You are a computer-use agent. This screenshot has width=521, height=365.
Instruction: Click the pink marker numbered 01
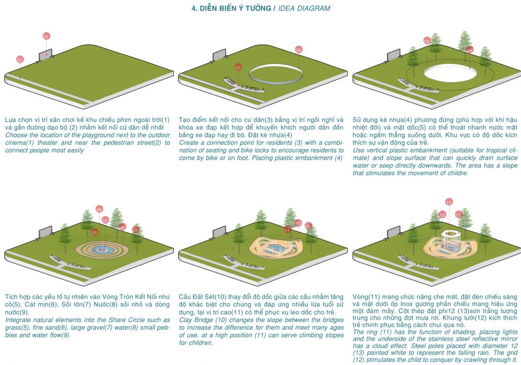pos(46,37)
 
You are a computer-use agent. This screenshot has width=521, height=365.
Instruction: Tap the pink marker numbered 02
pos(20,60)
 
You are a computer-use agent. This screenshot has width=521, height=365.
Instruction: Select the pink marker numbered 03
pos(238,67)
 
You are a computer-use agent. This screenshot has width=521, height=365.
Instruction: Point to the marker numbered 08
pos(99,209)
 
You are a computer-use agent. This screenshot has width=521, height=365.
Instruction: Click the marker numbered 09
pos(95,232)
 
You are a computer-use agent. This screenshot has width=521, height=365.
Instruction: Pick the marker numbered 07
pos(105,220)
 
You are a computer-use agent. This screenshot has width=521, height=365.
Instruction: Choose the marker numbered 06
pos(122,227)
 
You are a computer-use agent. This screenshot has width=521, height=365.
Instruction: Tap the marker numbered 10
pos(298,223)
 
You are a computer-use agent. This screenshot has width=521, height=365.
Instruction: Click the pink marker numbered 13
pos(448,202)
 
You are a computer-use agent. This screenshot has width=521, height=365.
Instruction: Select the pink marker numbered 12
pos(442,215)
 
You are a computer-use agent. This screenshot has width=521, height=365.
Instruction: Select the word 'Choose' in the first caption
pos(16,134)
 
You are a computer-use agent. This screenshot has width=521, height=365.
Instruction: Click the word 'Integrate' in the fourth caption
pos(19,320)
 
